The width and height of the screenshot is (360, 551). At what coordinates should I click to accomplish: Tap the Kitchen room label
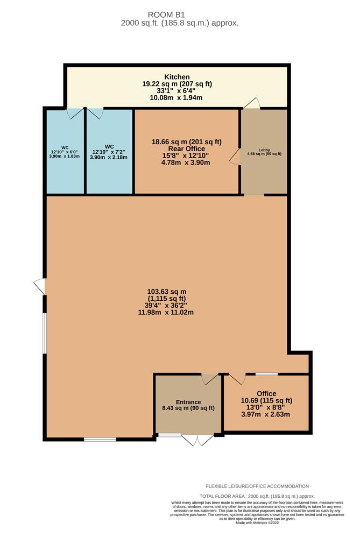(x=177, y=77)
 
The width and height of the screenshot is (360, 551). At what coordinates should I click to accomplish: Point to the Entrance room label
(x=188, y=402)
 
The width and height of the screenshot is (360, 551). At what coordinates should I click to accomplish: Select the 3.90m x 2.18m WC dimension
(x=109, y=157)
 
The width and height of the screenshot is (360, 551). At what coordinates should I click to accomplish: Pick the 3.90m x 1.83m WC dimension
(x=65, y=156)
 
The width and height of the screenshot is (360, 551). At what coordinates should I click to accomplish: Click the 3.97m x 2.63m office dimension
(x=266, y=414)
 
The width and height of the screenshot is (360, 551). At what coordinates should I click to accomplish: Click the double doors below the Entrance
(x=197, y=440)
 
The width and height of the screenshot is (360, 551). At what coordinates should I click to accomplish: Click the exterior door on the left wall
(x=40, y=287)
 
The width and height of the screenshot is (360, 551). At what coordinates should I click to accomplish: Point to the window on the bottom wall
(x=100, y=440)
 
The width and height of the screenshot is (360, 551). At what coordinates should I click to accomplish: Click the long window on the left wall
(x=45, y=334)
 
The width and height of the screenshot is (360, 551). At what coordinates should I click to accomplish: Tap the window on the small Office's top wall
(x=266, y=374)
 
